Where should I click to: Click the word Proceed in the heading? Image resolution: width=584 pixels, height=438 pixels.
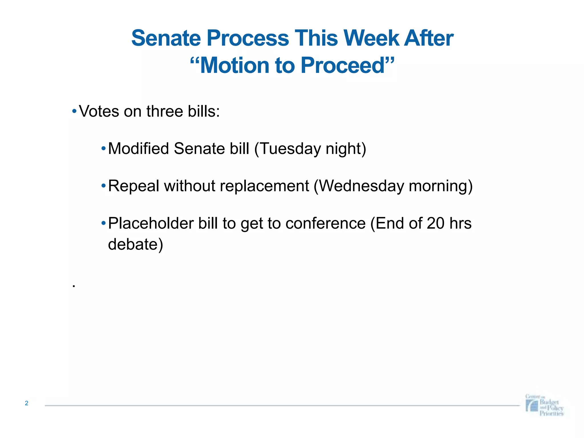click(x=343, y=65)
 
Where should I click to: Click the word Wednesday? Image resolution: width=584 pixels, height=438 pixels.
click(x=361, y=186)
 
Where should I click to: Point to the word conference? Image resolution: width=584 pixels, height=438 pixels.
click(x=325, y=223)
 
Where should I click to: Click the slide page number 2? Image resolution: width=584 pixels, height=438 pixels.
click(x=27, y=403)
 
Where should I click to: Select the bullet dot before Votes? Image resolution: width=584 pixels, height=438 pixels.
click(x=74, y=111)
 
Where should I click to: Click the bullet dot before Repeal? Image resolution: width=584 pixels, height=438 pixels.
click(x=104, y=186)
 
